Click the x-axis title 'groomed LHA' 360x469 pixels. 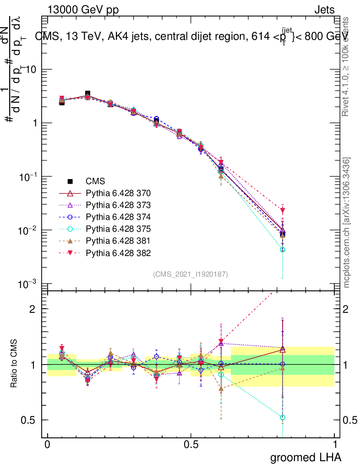(306, 457)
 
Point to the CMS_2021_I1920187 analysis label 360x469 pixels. (190, 274)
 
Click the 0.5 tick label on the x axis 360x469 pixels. (191, 445)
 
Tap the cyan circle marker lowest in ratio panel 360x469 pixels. (283, 417)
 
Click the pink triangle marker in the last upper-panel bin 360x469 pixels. (283, 210)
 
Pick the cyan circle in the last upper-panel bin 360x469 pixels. (283, 250)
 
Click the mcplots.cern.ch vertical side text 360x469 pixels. (347, 223)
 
